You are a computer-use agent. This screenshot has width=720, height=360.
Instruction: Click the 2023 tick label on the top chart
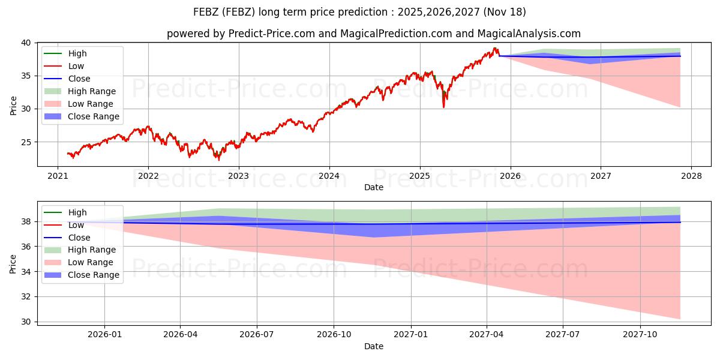[239, 176]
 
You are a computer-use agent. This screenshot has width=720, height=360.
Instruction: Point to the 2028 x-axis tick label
[691, 176]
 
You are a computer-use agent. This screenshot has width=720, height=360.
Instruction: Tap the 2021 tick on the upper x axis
[58, 176]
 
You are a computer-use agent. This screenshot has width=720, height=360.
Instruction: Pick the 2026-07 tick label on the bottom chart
[257, 334]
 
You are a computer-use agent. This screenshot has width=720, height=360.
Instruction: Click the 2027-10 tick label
[640, 334]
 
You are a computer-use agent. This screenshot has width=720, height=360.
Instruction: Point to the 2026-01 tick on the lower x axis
[104, 334]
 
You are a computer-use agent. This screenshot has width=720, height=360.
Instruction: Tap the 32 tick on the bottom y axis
[27, 297]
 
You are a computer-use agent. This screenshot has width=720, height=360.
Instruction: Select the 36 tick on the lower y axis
[27, 247]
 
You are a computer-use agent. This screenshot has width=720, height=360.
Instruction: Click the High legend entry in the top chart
[77, 53]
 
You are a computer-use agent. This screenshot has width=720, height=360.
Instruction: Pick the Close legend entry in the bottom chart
[79, 238]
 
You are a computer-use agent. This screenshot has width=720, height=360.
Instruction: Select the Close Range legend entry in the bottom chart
[94, 275]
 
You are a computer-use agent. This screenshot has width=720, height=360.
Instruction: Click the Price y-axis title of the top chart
[14, 104]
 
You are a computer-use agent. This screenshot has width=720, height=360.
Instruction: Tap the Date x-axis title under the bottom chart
[374, 346]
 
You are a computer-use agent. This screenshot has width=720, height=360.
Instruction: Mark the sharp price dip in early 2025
[443, 106]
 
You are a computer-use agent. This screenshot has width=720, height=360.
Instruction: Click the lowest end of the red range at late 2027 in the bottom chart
[680, 319]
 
